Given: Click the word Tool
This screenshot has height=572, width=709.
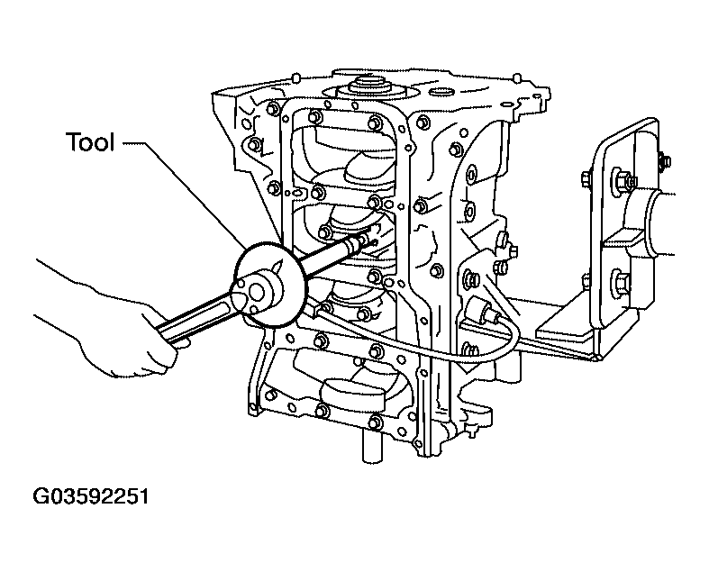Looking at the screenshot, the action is click(90, 142).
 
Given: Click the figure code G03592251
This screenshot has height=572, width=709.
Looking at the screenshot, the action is click(90, 496).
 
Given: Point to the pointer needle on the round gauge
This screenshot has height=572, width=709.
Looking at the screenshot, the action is click(278, 267).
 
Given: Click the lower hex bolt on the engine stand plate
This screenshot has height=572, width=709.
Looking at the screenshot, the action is click(620, 281).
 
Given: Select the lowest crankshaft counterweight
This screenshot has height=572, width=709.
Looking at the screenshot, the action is click(351, 393).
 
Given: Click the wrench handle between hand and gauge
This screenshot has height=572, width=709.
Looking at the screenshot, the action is click(199, 317).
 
